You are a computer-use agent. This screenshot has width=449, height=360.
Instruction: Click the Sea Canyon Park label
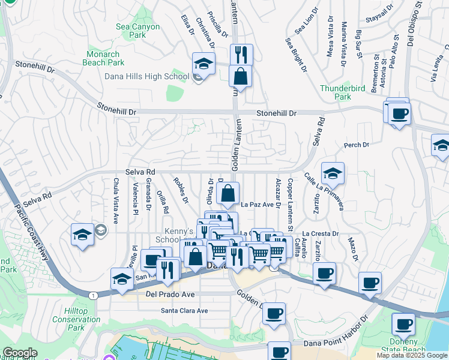[137, 31]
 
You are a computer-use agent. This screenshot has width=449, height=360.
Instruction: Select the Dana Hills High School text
[155, 76]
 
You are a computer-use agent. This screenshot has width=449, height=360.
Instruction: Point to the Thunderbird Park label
[343, 92]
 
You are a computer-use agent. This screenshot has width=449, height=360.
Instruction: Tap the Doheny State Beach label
[411, 345]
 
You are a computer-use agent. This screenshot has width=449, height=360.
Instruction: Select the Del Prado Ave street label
[170, 295]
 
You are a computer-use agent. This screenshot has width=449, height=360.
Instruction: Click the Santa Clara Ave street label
[184, 311]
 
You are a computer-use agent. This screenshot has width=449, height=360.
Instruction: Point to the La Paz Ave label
[258, 205]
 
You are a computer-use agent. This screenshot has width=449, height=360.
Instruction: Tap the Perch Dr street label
[356, 145]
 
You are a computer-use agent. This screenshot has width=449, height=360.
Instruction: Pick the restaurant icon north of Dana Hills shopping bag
[241, 55]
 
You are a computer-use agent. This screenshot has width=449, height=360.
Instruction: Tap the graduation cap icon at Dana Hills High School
[204, 65]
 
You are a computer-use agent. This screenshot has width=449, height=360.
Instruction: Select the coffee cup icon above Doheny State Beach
[403, 325]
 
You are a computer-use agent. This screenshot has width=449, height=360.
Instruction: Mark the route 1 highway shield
[93, 295]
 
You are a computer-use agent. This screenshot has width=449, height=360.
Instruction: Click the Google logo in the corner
[20, 353]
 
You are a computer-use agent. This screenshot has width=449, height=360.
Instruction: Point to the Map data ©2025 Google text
[411, 355]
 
